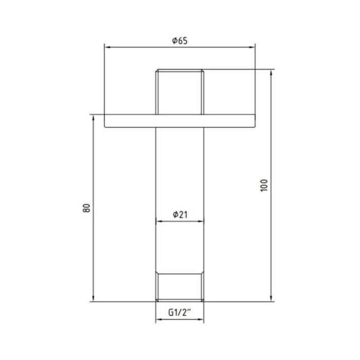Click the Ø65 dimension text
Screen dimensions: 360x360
(179, 41)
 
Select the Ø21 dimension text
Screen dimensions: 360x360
(179, 215)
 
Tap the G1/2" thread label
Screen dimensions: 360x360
(179, 312)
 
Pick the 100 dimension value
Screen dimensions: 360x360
(264, 186)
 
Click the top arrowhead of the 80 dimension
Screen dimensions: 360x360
(93, 117)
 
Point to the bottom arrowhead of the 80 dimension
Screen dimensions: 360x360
(93, 300)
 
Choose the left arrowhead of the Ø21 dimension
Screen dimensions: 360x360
(158, 222)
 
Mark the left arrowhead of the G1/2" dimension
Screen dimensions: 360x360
(158, 319)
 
